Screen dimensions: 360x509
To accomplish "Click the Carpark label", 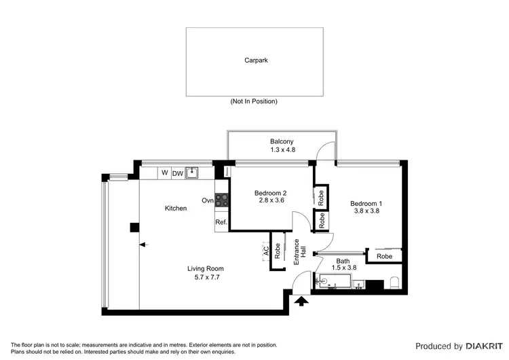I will pos(256,60).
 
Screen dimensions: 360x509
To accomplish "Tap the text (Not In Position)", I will pos(254,101).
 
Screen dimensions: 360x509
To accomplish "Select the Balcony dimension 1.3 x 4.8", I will pos(281,150).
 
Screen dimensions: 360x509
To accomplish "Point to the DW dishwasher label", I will pos(177,174).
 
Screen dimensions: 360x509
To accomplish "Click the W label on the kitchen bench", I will pos(164,173).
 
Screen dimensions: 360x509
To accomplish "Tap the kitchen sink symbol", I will pos(193,173).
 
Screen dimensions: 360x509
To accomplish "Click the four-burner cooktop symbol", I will pos(222,200).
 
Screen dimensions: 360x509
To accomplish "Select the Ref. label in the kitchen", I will pos(221,222).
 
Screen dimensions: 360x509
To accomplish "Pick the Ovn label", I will pos(208,200).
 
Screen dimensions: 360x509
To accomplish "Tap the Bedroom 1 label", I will pos(366,203).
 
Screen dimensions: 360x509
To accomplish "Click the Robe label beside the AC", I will pos(277,250).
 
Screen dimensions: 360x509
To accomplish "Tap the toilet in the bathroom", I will pos(395,283).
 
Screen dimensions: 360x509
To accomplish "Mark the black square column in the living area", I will pos(134,228).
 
